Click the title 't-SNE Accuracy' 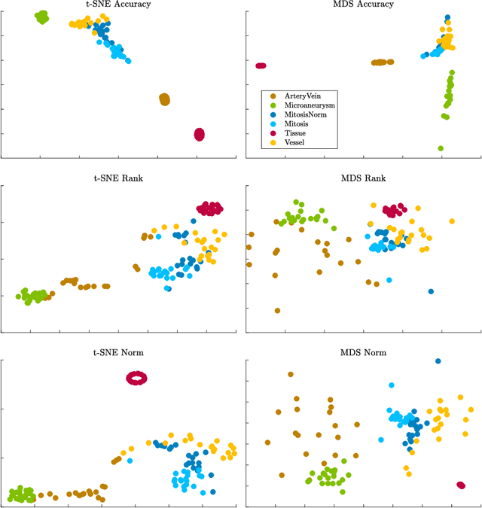119,5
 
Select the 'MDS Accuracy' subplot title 363,5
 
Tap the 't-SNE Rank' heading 119,178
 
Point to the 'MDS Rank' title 363,178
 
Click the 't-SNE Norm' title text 119,352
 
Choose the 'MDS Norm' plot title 363,352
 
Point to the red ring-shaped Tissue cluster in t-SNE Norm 137,378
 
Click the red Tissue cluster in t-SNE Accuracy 199,134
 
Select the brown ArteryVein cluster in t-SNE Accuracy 165,99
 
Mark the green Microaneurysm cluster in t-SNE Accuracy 42,16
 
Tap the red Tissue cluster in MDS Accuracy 261,65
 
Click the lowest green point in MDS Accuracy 441,148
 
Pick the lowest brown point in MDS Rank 278,310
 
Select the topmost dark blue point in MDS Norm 438,361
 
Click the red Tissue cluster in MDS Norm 461,485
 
